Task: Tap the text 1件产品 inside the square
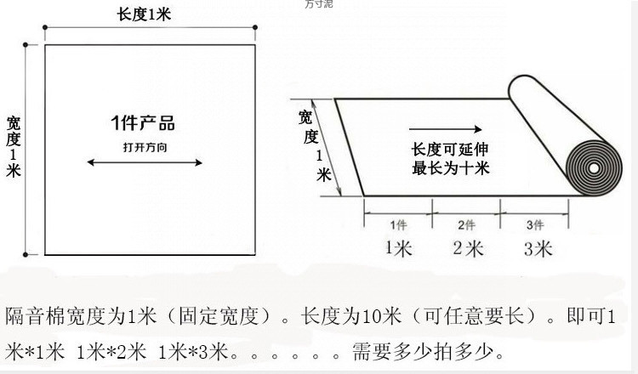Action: tap(143, 123)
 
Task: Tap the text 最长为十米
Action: tap(450, 168)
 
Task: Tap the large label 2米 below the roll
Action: tap(468, 248)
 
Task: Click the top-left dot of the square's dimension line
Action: tap(26, 43)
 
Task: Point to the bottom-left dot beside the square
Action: tap(26, 254)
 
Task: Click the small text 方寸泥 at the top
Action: tap(319, 4)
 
